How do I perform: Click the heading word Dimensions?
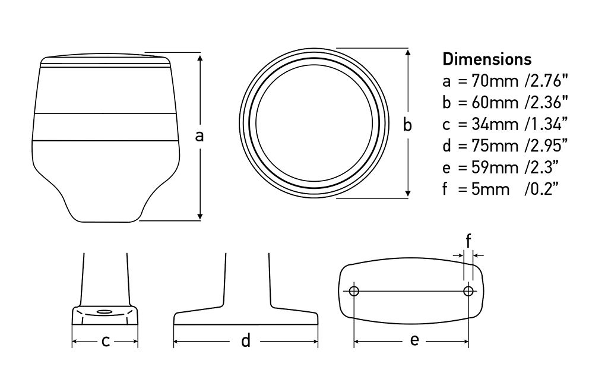(x=487, y=59)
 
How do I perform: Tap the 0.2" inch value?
(x=543, y=189)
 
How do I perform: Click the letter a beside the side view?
(x=200, y=136)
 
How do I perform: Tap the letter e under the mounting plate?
(x=414, y=340)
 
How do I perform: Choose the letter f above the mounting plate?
(x=468, y=241)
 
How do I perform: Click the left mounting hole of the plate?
(x=354, y=291)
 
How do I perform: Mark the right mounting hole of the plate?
(x=468, y=291)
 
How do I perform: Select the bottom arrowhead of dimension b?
(x=407, y=193)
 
